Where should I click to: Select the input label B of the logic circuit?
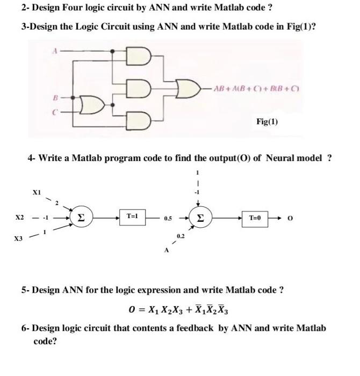pyautogui.click(x=55, y=98)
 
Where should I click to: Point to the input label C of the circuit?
pyautogui.click(x=55, y=113)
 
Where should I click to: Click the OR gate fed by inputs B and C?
pyautogui.click(x=98, y=106)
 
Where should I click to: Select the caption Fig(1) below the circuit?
pyautogui.click(x=267, y=121)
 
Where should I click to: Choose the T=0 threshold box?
pyautogui.click(x=255, y=218)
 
